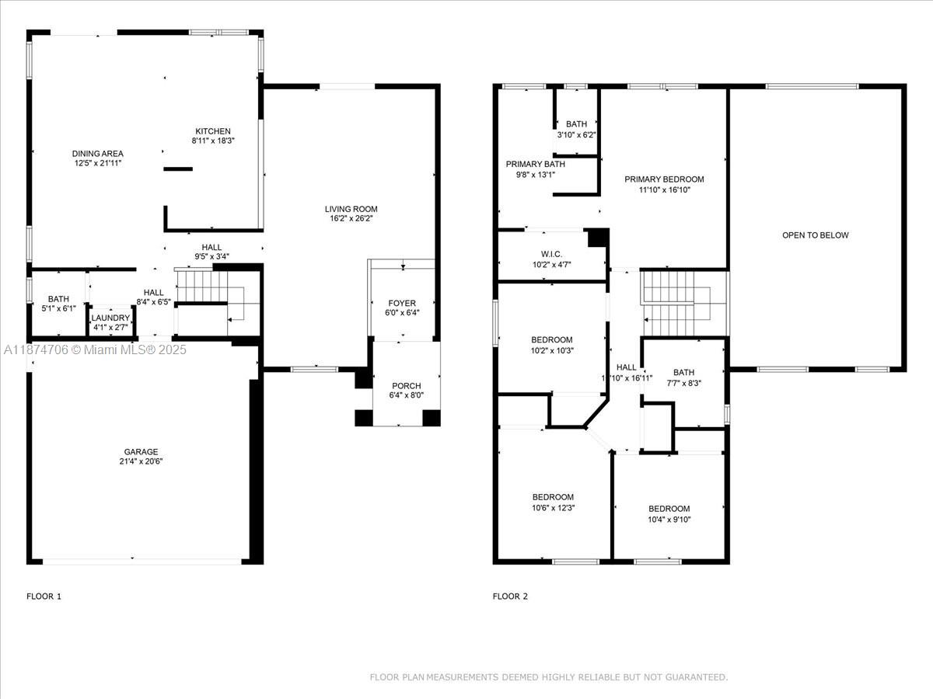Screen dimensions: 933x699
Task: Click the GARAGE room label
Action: [x=141, y=451]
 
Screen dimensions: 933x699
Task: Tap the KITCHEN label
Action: [x=213, y=131]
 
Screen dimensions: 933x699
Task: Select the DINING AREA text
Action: [x=98, y=154]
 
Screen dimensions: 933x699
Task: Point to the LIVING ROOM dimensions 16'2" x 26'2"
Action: [x=351, y=218]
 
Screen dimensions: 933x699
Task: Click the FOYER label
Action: [x=402, y=303]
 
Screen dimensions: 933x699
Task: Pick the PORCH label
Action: [x=407, y=386]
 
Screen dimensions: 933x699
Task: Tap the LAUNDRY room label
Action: [x=110, y=318]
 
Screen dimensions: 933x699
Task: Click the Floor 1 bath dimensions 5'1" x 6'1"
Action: [x=58, y=308]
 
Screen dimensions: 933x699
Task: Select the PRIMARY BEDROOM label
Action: [x=664, y=179]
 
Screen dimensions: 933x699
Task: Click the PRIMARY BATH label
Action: [x=536, y=164]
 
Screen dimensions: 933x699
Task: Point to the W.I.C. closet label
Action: [x=552, y=254]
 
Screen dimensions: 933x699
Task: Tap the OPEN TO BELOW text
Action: [x=816, y=235]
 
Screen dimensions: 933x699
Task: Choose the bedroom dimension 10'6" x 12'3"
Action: [x=554, y=508]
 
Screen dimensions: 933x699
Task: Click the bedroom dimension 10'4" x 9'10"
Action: [x=669, y=519]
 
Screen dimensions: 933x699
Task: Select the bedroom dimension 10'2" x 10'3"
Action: [x=552, y=350]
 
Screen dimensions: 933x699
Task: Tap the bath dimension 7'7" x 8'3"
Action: [x=683, y=383]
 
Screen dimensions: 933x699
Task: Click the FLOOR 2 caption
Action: [x=510, y=596]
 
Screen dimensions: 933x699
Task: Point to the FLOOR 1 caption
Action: [x=44, y=596]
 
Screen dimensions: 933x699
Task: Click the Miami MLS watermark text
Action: [x=95, y=349]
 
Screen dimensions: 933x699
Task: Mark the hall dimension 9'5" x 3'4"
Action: [x=211, y=256]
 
